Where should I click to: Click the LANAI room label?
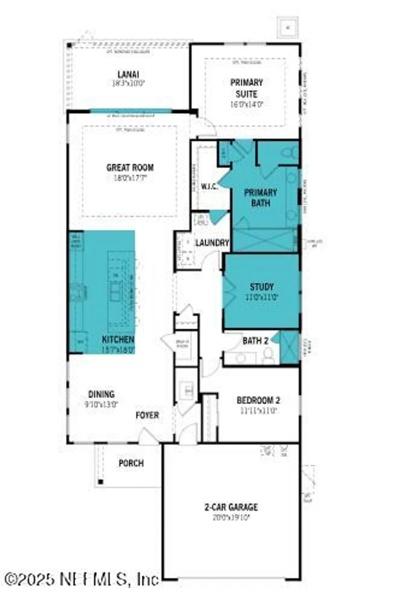[128, 74]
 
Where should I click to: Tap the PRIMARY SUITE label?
[246, 88]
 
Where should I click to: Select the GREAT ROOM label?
[130, 167]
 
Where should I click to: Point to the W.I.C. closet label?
[209, 187]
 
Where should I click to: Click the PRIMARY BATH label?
[260, 197]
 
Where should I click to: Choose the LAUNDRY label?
[212, 243]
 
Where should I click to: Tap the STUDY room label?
[262, 287]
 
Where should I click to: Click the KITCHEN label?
[118, 340]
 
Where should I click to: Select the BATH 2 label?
[255, 341]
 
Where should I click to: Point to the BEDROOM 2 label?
[258, 400]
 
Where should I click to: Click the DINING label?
[102, 394]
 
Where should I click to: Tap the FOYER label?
[147, 415]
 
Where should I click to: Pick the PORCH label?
[131, 463]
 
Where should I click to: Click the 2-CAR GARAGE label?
[231, 507]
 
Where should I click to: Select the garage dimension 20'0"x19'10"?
[231, 517]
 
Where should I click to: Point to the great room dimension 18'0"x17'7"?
[130, 177]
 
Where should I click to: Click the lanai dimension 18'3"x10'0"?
[128, 84]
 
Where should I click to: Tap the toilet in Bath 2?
[268, 354]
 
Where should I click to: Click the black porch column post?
[101, 482]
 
